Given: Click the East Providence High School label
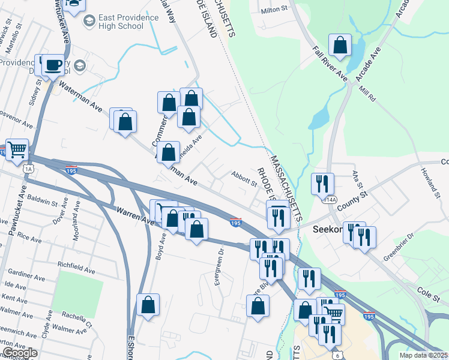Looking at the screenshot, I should [x=129, y=22].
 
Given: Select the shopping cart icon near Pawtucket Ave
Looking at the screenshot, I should [x=17, y=150].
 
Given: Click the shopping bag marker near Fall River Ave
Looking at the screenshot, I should [x=340, y=45].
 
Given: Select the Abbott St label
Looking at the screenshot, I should [x=244, y=178].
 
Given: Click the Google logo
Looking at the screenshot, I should [x=20, y=353].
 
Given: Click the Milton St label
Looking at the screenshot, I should [x=275, y=10].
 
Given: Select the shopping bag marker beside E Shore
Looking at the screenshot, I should [x=148, y=304].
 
